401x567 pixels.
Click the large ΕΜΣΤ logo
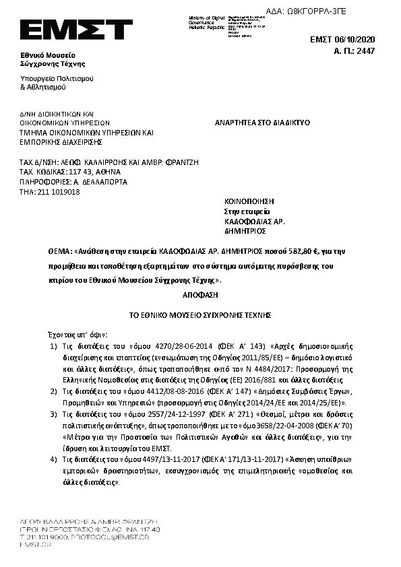tap(75, 30)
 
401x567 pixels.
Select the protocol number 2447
tap(365, 51)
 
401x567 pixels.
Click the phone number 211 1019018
tap(61, 191)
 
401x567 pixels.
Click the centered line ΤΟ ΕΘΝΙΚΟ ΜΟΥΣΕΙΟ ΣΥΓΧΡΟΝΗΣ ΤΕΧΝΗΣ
tap(199, 314)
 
